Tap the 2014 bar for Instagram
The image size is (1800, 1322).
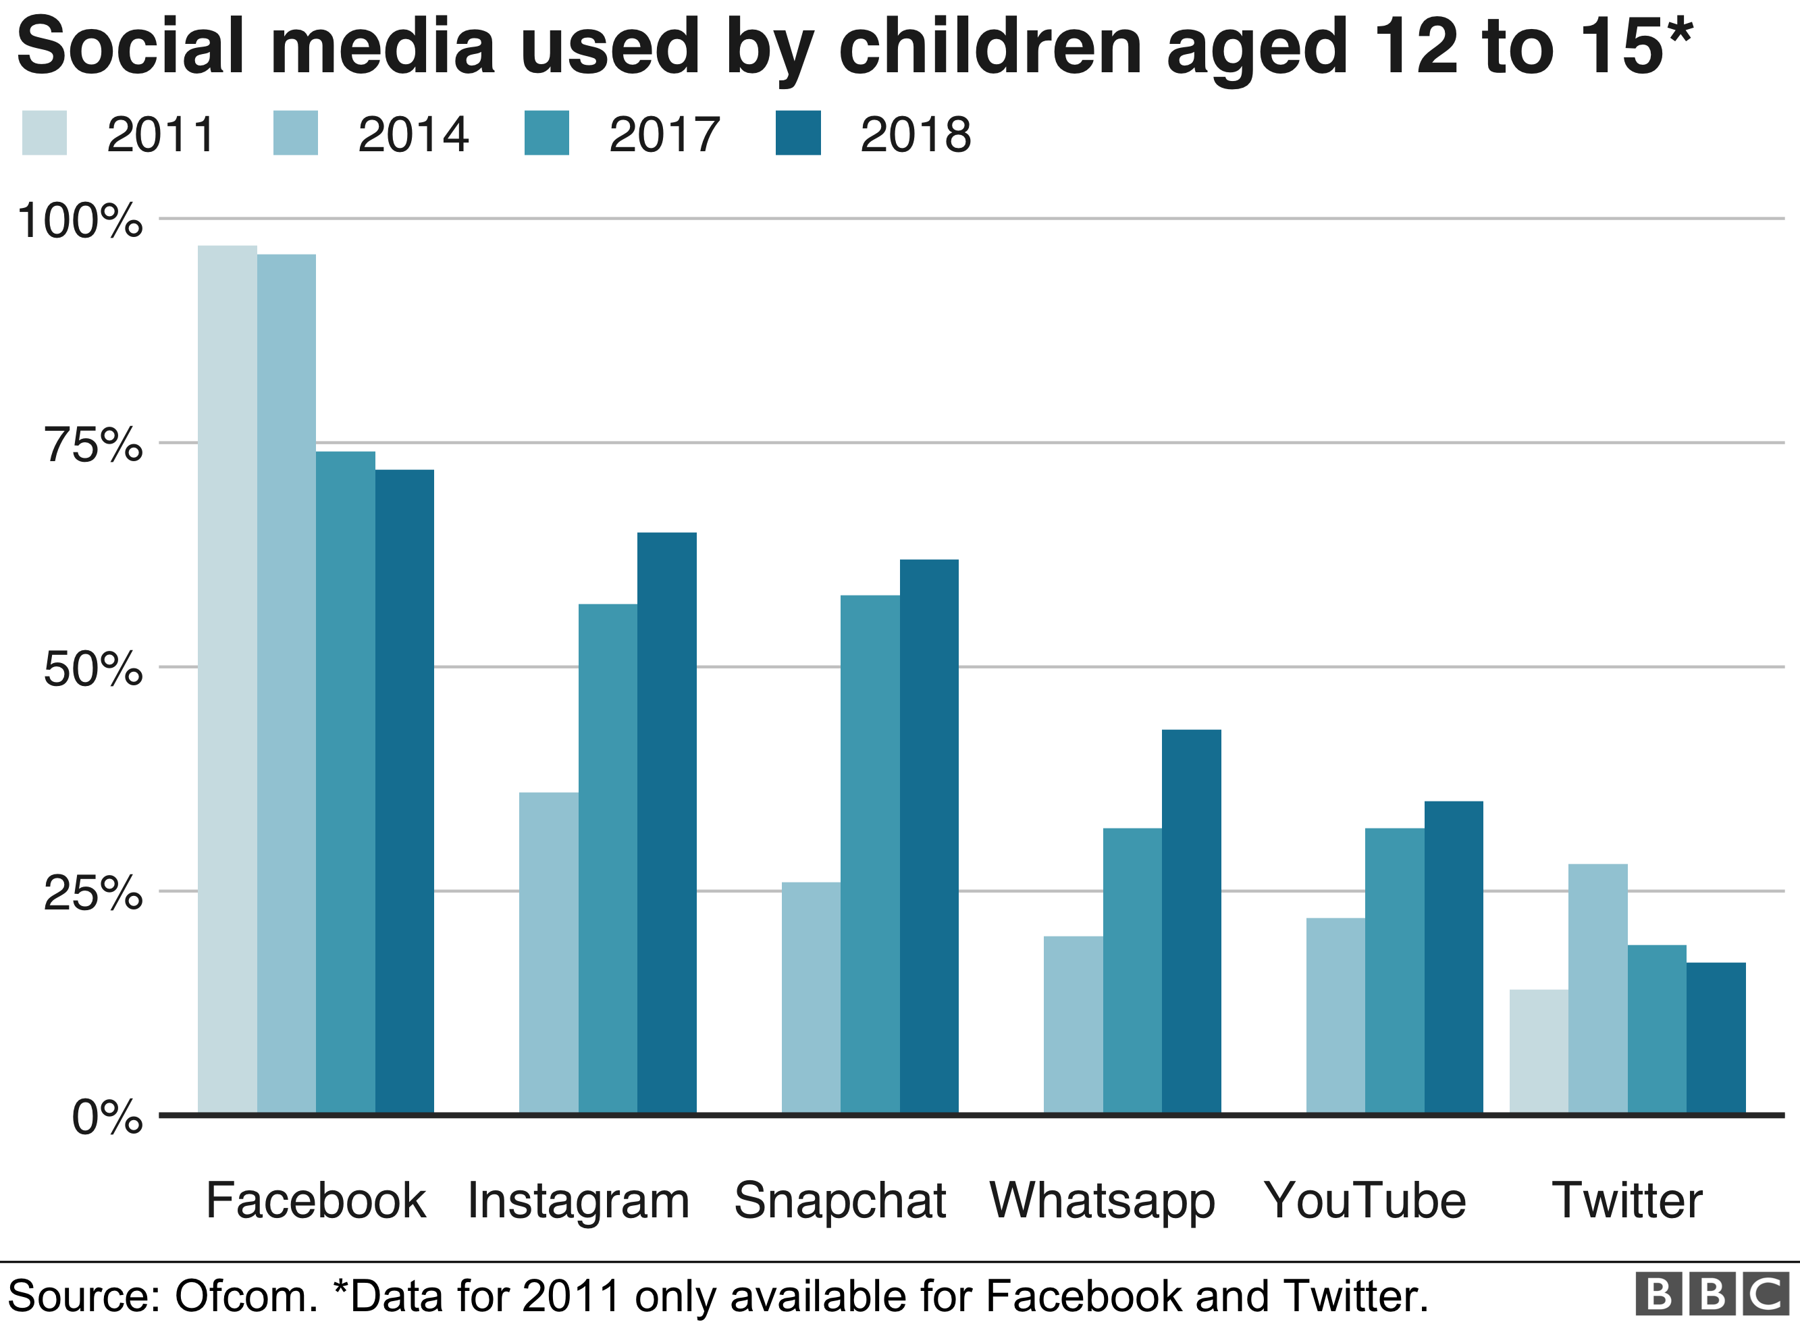click(548, 952)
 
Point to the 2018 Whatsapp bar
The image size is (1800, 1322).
click(1191, 920)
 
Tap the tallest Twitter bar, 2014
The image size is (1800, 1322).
click(1597, 988)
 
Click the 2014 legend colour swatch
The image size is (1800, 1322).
click(295, 133)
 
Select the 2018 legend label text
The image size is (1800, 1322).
click(916, 134)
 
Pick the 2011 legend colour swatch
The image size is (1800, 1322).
click(44, 133)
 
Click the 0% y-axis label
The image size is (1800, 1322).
click(107, 1117)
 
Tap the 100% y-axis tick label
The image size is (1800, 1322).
click(80, 221)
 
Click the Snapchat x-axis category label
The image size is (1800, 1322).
click(840, 1200)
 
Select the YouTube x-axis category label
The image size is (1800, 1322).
click(1365, 1200)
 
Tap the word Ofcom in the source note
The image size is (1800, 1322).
click(246, 1296)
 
